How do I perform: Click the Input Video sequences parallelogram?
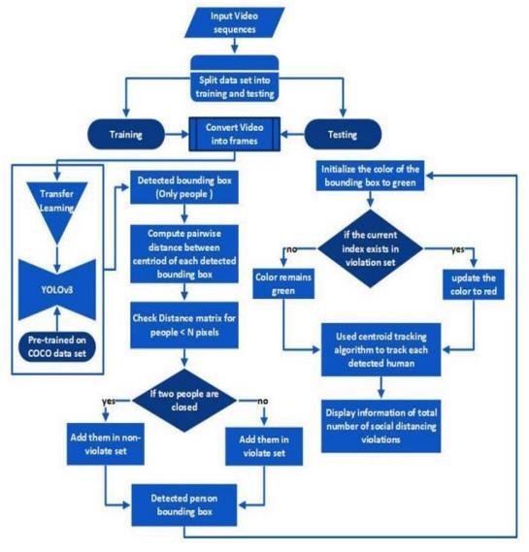pos(235,22)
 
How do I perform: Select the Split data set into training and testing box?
pos(235,79)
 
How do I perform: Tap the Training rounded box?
pos(126,134)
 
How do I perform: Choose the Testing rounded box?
pos(343,134)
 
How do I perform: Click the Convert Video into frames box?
pos(235,134)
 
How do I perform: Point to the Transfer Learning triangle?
pos(56,208)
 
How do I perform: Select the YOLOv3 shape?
pos(57,290)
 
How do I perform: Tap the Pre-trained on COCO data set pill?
pos(57,346)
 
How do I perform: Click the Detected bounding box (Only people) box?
pos(184,187)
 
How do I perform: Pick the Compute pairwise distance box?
pos(184,254)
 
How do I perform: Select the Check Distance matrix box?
pos(184,325)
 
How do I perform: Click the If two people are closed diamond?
pos(184,401)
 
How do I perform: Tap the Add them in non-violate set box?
pos(106,444)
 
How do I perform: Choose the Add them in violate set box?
pos(264,446)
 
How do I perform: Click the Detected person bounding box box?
pos(184,505)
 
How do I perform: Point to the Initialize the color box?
pos(370,176)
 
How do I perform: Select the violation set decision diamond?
pos(370,248)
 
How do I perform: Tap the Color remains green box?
pos(283,283)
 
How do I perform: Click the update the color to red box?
pos(474,284)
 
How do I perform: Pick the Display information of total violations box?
pos(380,426)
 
